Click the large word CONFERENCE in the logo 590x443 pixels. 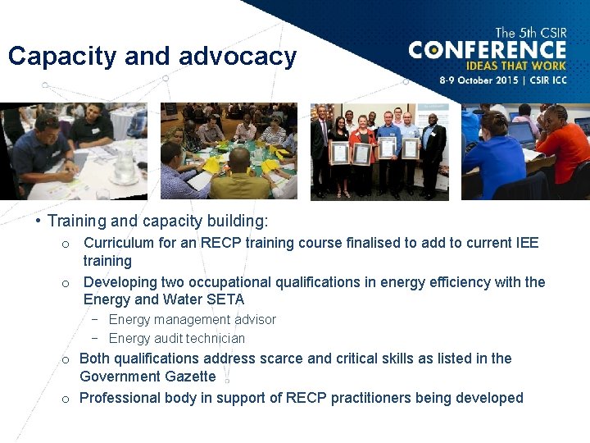488,50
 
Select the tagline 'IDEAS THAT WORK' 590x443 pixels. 515,66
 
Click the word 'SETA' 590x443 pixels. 225,299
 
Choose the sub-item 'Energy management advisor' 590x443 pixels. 192,319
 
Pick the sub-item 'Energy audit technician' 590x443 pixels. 176,338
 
